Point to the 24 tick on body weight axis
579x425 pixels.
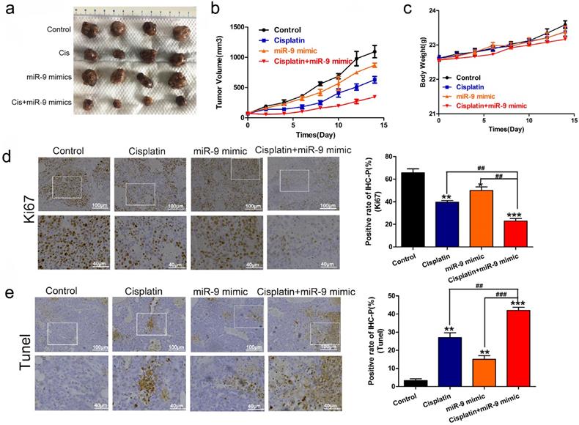430,11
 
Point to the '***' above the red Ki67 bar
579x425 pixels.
516,214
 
